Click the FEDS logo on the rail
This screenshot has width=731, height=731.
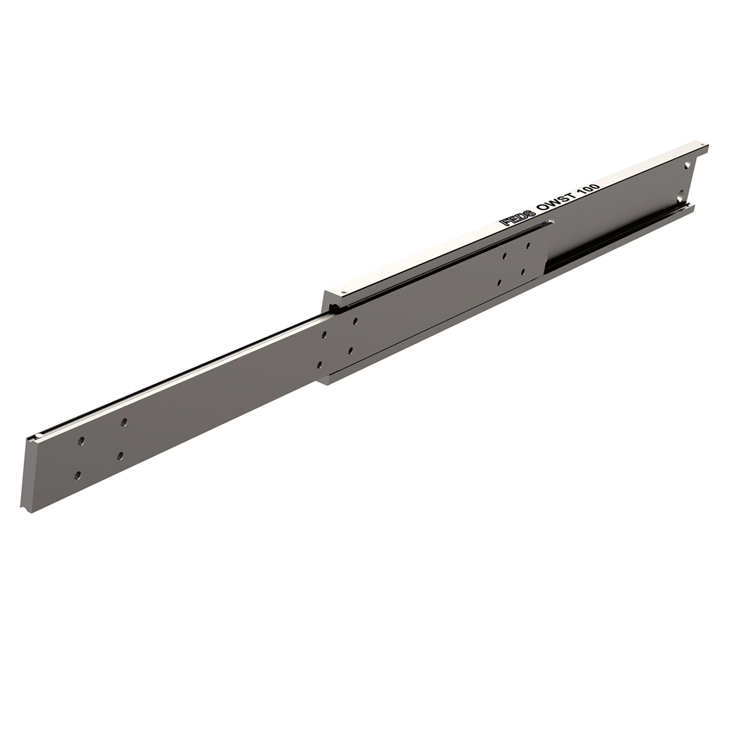tap(517, 217)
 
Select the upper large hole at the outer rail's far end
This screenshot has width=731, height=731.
tap(687, 166)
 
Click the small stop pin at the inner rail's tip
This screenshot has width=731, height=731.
tap(39, 435)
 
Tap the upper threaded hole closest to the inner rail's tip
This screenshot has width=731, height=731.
tap(81, 441)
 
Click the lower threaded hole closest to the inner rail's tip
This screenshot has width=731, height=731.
tap(77, 476)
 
